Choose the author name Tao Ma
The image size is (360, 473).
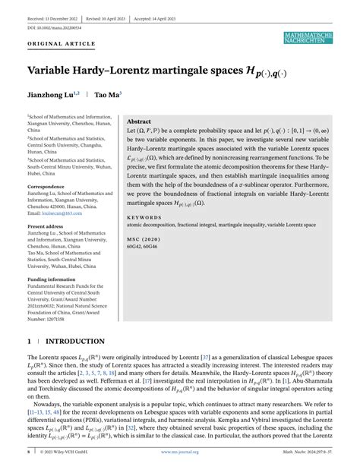click(x=108, y=96)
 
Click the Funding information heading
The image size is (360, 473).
click(x=52, y=279)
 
